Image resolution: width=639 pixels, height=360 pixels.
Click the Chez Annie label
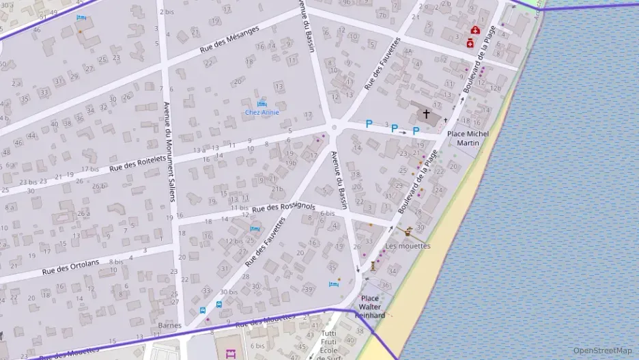click(x=262, y=112)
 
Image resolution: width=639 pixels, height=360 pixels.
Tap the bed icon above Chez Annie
click(x=262, y=102)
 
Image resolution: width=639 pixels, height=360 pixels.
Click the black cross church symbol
click(x=427, y=113)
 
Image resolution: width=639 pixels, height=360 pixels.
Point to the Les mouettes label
click(x=408, y=246)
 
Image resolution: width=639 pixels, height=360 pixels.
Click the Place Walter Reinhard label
click(x=371, y=307)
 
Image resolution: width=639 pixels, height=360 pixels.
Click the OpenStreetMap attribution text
click(x=602, y=350)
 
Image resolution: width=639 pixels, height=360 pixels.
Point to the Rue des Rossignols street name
click(x=283, y=207)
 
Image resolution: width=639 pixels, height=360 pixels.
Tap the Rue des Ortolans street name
click(x=70, y=266)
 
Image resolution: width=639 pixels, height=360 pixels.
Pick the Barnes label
click(x=169, y=325)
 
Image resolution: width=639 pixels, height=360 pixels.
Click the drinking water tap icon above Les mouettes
click(x=409, y=231)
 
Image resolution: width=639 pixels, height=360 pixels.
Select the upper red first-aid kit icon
click(x=475, y=31)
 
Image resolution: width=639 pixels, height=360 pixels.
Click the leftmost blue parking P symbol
click(x=369, y=124)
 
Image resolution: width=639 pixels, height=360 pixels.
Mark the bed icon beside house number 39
click(x=333, y=284)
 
